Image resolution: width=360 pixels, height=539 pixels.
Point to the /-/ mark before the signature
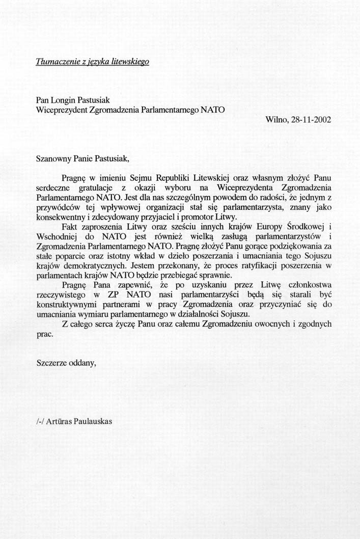(40, 421)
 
